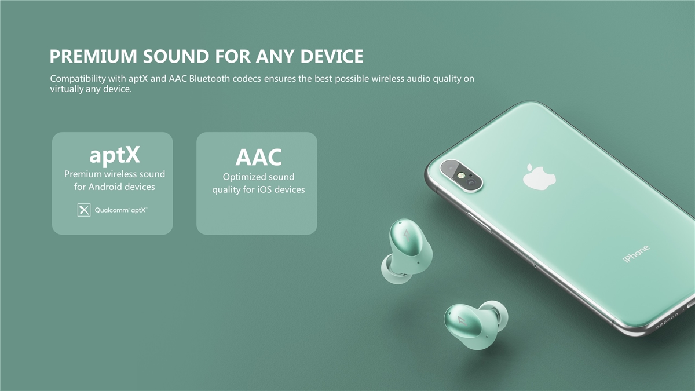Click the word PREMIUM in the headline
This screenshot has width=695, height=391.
pyautogui.click(x=93, y=56)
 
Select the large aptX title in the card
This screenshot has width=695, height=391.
pyautogui.click(x=115, y=155)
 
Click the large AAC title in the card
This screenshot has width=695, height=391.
pyautogui.click(x=258, y=157)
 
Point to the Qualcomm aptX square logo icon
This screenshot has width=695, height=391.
pyautogui.click(x=84, y=210)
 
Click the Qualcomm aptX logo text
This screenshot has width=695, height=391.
pyautogui.click(x=120, y=210)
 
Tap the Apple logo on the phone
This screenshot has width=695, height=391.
pyautogui.click(x=539, y=177)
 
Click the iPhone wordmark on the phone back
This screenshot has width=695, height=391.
pyautogui.click(x=636, y=254)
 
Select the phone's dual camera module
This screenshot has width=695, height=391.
pyautogui.click(x=461, y=176)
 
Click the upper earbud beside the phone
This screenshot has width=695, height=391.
pyautogui.click(x=407, y=251)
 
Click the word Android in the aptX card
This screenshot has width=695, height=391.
pyautogui.click(x=106, y=187)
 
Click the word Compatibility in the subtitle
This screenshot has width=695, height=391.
pyautogui.click(x=78, y=79)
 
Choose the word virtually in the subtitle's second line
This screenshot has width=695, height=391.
pyautogui.click(x=67, y=89)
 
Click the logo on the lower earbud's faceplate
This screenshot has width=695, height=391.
pyautogui.click(x=462, y=320)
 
